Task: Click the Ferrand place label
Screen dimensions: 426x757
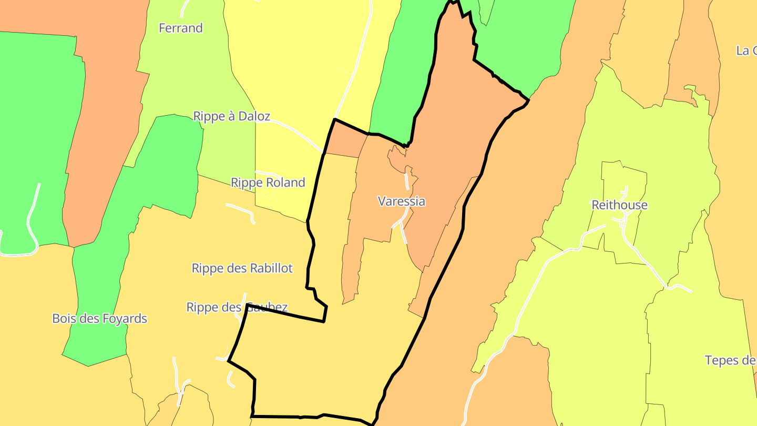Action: coord(181,28)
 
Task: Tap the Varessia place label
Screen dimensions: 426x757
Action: coord(402,201)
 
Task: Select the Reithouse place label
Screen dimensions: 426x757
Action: coord(619,205)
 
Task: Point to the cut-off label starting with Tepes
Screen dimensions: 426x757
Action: coord(731,360)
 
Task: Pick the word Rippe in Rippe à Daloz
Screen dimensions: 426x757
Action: coord(209,116)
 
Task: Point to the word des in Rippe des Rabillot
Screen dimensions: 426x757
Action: coord(236,268)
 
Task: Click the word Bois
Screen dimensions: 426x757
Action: coord(65,318)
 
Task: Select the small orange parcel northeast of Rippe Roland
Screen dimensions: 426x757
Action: coord(346,142)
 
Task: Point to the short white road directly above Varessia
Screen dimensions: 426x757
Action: coord(406,180)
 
